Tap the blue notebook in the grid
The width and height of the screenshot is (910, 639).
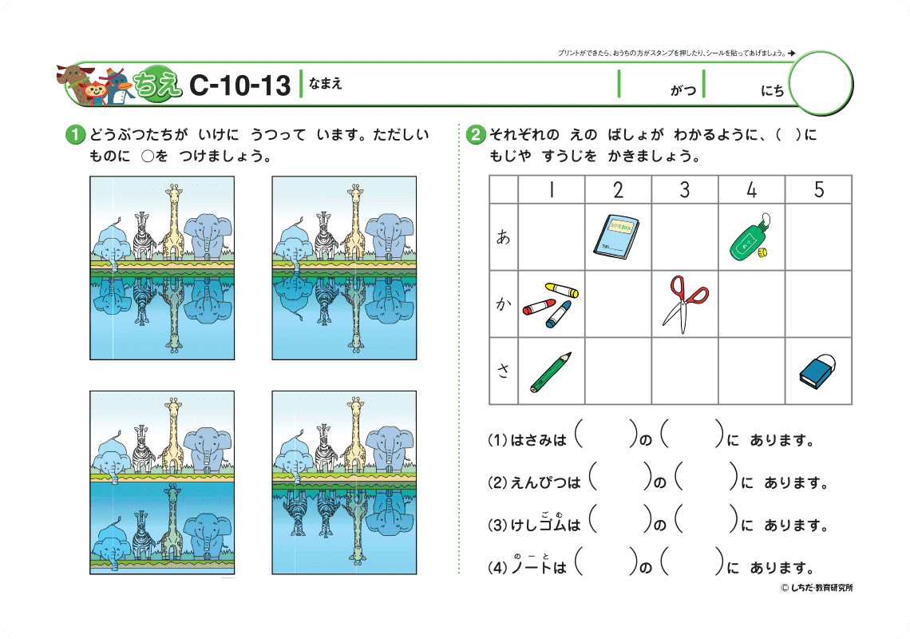click(616, 236)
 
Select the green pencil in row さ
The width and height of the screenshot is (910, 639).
click(550, 372)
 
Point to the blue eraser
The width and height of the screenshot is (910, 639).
click(817, 371)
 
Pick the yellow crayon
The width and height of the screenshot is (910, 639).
click(561, 289)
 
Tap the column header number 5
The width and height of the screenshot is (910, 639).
click(818, 189)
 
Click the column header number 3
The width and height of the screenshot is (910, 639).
click(685, 189)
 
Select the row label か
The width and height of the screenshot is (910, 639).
click(503, 304)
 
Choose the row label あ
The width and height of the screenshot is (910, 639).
click(503, 236)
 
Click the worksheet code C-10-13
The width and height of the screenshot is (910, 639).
click(239, 85)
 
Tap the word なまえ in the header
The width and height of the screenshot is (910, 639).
click(326, 84)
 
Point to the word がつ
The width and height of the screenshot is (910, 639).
click(683, 90)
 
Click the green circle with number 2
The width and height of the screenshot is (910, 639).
click(475, 135)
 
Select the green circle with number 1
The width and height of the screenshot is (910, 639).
click(75, 135)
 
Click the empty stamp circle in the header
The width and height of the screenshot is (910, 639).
click(821, 83)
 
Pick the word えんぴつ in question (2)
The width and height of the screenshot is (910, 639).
click(545, 482)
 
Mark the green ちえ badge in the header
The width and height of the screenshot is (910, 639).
click(156, 85)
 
